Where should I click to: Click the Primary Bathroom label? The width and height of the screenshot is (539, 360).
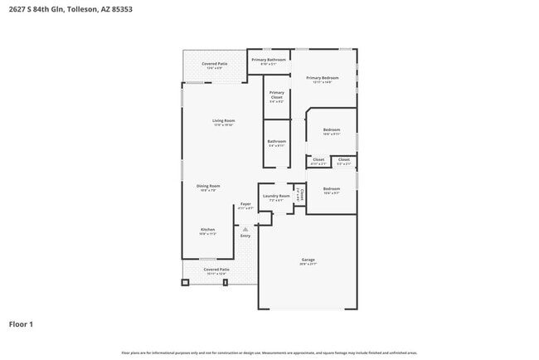pyautogui.click(x=269, y=60)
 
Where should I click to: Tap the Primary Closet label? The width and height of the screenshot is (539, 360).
pyautogui.click(x=276, y=95)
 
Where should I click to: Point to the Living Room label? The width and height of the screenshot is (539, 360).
pyautogui.click(x=224, y=121)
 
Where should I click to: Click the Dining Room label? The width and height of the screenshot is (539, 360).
pyautogui.click(x=208, y=186)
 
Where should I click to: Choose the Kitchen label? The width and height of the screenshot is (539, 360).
pyautogui.click(x=207, y=230)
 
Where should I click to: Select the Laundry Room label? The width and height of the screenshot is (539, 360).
pyautogui.click(x=277, y=196)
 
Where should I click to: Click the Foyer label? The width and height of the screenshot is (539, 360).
pyautogui.click(x=245, y=204)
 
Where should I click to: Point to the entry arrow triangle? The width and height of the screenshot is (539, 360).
pyautogui.click(x=245, y=228)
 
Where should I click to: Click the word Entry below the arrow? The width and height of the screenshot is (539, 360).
pyautogui.click(x=245, y=236)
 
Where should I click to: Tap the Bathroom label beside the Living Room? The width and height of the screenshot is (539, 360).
pyautogui.click(x=277, y=141)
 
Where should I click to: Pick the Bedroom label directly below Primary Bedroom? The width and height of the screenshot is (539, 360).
pyautogui.click(x=331, y=129)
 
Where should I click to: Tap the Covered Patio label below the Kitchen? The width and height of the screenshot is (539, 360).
pyautogui.click(x=216, y=270)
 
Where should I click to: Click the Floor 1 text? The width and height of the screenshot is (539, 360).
pyautogui.click(x=21, y=324)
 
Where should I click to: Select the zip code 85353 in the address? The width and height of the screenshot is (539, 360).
pyautogui.click(x=121, y=9)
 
